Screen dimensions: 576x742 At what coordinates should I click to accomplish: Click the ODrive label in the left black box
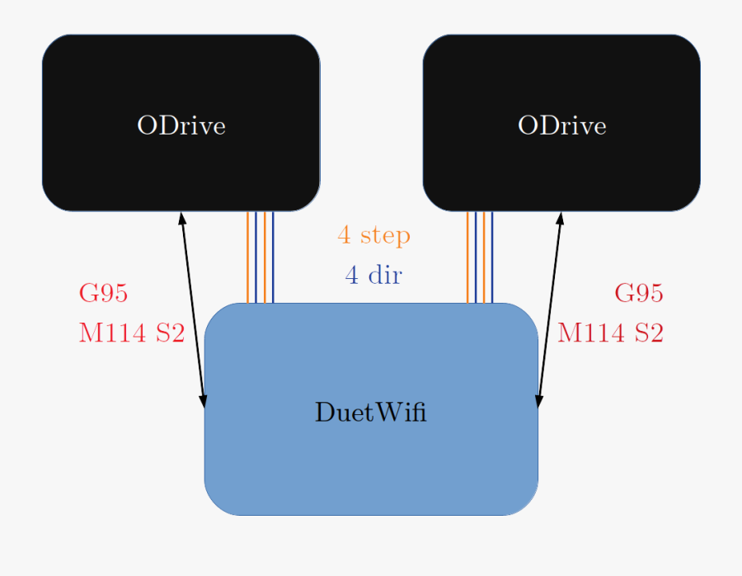pyautogui.click(x=181, y=125)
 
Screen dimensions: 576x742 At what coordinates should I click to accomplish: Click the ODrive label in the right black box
pyautogui.click(x=561, y=125)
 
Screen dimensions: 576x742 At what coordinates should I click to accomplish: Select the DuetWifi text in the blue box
pyautogui.click(x=370, y=412)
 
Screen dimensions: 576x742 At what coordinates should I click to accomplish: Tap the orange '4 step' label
pyautogui.click(x=373, y=235)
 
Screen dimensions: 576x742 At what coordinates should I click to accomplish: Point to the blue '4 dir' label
pyautogui.click(x=373, y=275)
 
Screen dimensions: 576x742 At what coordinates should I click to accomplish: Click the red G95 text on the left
pyautogui.click(x=103, y=293)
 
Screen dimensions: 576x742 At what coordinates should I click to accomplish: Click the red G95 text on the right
pyautogui.click(x=639, y=293)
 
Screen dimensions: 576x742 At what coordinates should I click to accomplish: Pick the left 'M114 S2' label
pyautogui.click(x=131, y=333)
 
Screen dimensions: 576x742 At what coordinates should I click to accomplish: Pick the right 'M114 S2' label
pyautogui.click(x=610, y=333)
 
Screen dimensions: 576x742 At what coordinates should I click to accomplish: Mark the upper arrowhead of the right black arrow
pyautogui.click(x=561, y=219)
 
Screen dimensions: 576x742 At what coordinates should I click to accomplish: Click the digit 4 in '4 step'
pyautogui.click(x=344, y=235)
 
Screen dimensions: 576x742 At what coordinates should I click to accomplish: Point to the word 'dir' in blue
pyautogui.click(x=384, y=275)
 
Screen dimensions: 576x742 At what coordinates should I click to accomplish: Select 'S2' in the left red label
pyautogui.click(x=169, y=333)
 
